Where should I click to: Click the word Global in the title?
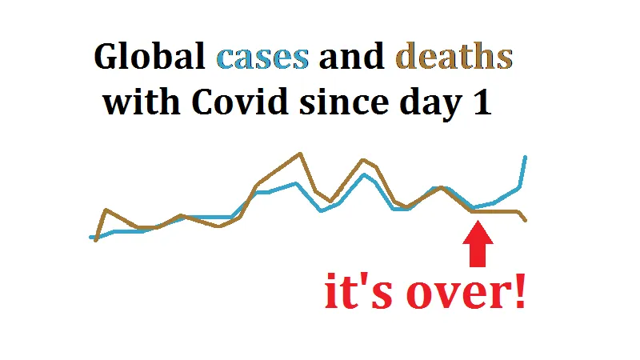pyautogui.click(x=150, y=56)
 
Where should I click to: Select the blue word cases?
pyautogui.click(x=262, y=58)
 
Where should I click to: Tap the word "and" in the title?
pyautogui.click(x=351, y=56)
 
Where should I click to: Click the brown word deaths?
pyautogui.click(x=454, y=56)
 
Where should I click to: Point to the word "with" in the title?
pyautogui.click(x=141, y=102)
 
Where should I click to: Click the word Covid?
pyautogui.click(x=240, y=102)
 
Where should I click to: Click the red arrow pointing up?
pyautogui.click(x=478, y=244)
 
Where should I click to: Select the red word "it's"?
pyautogui.click(x=358, y=290)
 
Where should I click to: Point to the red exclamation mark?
pyautogui.click(x=520, y=290)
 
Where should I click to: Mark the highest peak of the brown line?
pyautogui.click(x=301, y=154)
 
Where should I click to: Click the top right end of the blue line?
pyautogui.click(x=526, y=157)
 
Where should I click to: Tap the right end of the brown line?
pyautogui.click(x=526, y=221)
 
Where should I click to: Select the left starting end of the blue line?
pyautogui.click(x=90, y=237)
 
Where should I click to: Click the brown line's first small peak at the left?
pyautogui.click(x=106, y=210)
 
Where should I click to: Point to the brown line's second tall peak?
pyautogui.click(x=362, y=160)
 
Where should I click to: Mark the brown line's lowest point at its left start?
pyautogui.click(x=96, y=241)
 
